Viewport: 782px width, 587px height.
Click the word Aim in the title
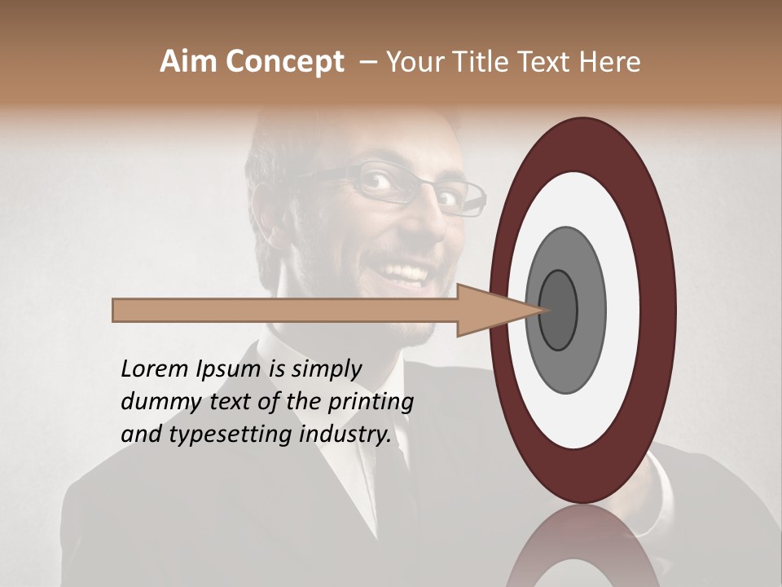(x=188, y=62)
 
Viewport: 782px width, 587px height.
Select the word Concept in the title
(x=284, y=63)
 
